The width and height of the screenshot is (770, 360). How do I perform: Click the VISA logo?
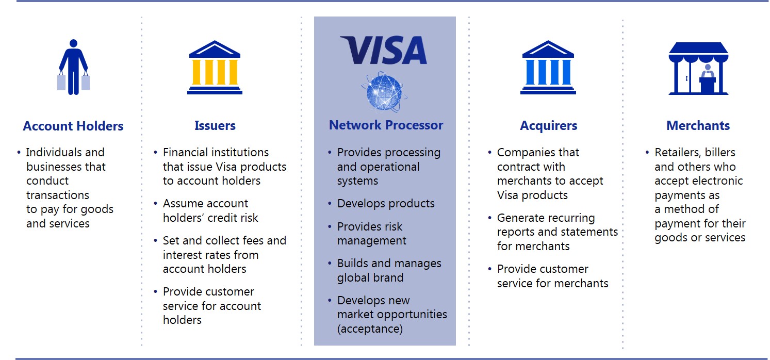pos(384,50)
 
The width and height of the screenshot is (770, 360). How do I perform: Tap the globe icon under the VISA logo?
pos(384,92)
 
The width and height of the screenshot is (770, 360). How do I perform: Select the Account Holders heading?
pos(73,126)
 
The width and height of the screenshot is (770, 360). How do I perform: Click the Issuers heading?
pos(215,125)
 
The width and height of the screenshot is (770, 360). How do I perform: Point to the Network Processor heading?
pos(386,125)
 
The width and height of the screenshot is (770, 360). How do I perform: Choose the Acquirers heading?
pos(548,126)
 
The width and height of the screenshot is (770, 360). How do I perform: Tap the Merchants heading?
pos(698,125)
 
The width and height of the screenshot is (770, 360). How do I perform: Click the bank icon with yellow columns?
pos(215,68)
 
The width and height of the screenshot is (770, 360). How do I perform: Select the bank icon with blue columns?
pos(548,68)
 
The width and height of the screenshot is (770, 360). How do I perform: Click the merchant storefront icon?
pos(698,68)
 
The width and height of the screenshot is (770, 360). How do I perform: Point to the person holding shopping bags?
pos(73,67)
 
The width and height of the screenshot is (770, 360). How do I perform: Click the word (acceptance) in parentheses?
pos(370,329)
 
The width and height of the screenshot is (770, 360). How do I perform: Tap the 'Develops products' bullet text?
pos(386,204)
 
